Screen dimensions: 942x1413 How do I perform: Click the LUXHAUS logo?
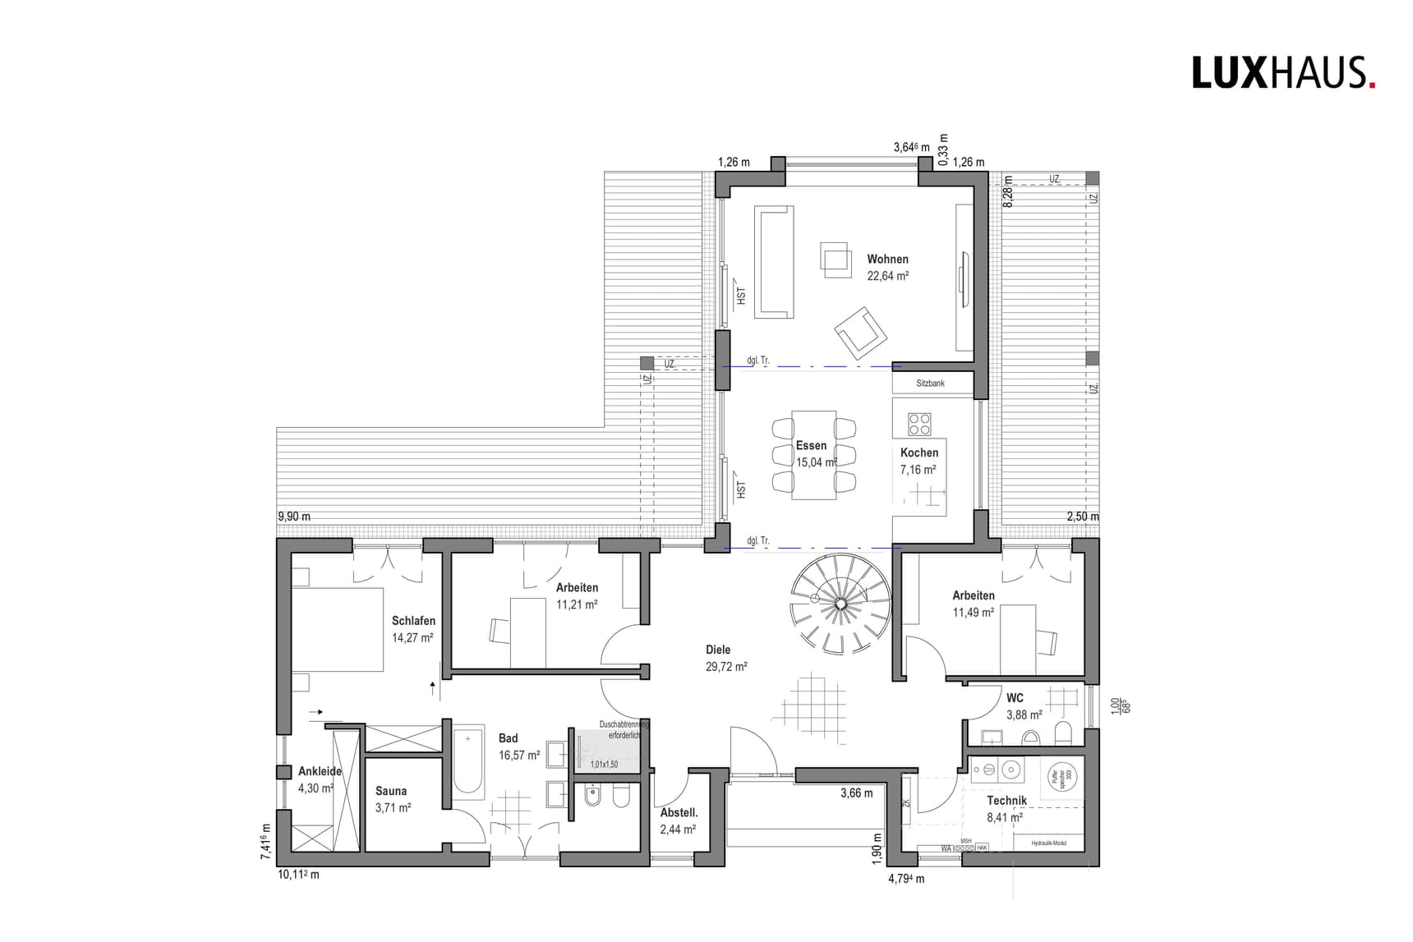pyautogui.click(x=1282, y=73)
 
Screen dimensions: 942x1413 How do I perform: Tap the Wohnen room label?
pyautogui.click(x=887, y=260)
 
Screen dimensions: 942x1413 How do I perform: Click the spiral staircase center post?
pyautogui.click(x=840, y=604)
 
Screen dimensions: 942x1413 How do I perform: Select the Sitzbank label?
pyautogui.click(x=930, y=384)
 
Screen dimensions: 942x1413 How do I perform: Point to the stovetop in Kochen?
pyautogui.click(x=919, y=424)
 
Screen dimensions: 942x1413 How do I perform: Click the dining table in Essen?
pyautogui.click(x=813, y=454)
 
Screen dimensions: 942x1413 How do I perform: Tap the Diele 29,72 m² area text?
pyautogui.click(x=725, y=667)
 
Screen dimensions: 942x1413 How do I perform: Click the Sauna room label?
pyautogui.click(x=391, y=791)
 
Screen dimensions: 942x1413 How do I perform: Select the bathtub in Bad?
pyautogui.click(x=468, y=761)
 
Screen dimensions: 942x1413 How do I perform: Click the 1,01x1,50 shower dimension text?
pyautogui.click(x=604, y=765)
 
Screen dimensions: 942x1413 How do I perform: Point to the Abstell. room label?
pyautogui.click(x=679, y=812)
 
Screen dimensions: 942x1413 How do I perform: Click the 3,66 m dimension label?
pyautogui.click(x=856, y=793)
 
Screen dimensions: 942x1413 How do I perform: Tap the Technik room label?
pyautogui.click(x=1006, y=800)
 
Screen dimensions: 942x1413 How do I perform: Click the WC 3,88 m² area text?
pyautogui.click(x=1024, y=715)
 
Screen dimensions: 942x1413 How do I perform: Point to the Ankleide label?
pyautogui.click(x=320, y=771)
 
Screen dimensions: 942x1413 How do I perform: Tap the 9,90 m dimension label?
pyautogui.click(x=294, y=517)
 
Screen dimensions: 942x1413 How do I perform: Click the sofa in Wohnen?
pyautogui.click(x=774, y=261)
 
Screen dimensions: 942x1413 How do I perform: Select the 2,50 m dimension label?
pyautogui.click(x=1082, y=517)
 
